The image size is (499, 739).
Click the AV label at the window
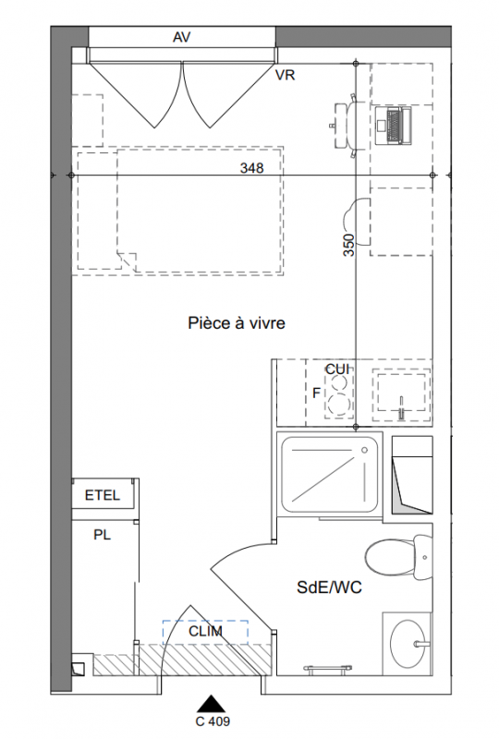pyautogui.click(x=182, y=37)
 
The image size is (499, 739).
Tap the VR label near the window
pyautogui.click(x=286, y=75)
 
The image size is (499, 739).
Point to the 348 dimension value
pyautogui.click(x=252, y=168)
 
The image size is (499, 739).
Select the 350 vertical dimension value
pyautogui.click(x=348, y=245)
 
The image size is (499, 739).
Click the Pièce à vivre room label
pyautogui.click(x=237, y=323)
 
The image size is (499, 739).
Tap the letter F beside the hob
pyautogui.click(x=316, y=393)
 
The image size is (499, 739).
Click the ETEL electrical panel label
pyautogui.click(x=103, y=495)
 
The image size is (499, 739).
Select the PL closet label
pyautogui.click(x=103, y=536)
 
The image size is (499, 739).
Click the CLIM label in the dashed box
pyautogui.click(x=206, y=631)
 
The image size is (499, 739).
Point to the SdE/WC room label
pyautogui.click(x=329, y=588)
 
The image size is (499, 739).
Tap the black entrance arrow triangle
pyautogui.click(x=211, y=703)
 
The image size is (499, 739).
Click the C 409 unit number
pyautogui.click(x=213, y=721)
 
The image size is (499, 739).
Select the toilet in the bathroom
pyautogui.click(x=398, y=558)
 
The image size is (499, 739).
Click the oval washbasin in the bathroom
pyautogui.click(x=408, y=643)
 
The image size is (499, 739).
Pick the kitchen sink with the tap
pyautogui.click(x=401, y=395)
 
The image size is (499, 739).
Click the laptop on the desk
pyautogui.click(x=394, y=125)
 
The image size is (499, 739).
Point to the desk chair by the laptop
pyautogui.click(x=345, y=125)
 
